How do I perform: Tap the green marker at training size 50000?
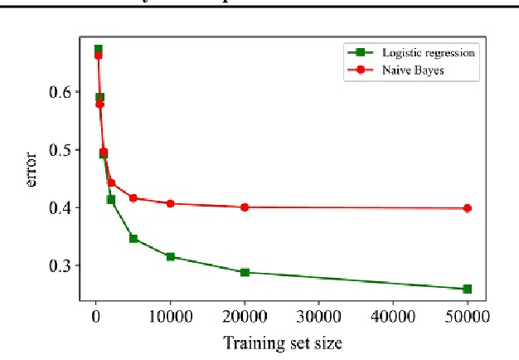coord(467,289)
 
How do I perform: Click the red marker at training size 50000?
coord(467,208)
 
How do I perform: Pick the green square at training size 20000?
coord(245,272)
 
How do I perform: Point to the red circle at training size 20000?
coord(245,207)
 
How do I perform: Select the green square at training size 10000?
coord(170,256)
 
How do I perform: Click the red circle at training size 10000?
coord(170,203)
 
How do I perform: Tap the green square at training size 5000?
coord(133,238)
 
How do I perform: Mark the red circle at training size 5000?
coord(133,198)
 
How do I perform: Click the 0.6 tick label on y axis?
coord(61,92)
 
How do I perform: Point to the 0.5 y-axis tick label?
coord(61,150)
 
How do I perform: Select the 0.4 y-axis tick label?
coord(61,207)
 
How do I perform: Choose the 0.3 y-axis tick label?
coord(61,265)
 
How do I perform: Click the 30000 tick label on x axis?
coord(318,315)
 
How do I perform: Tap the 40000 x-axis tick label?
coord(393,315)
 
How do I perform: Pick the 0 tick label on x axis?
coord(96,315)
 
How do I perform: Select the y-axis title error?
coord(32,170)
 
